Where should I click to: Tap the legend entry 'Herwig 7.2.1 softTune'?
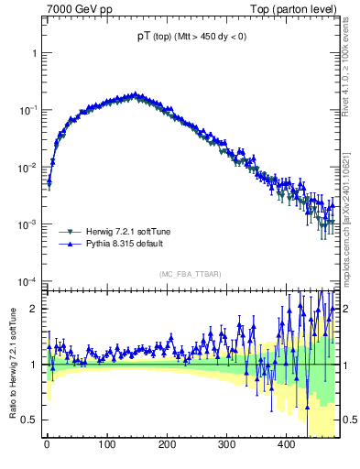tap(129, 232)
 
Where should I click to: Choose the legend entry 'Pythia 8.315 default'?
tap(126, 245)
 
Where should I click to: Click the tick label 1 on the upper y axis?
tap(35, 53)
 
